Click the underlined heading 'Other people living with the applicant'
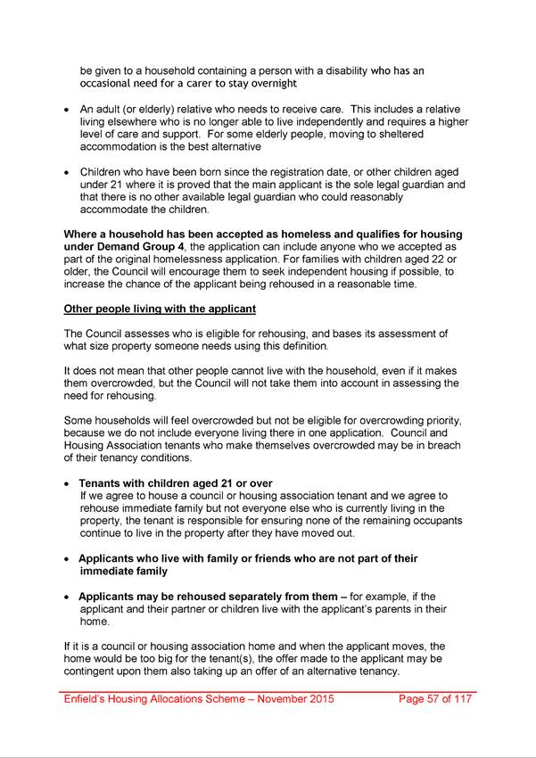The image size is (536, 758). coord(160,309)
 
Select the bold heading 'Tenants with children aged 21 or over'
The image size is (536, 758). coord(176,483)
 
